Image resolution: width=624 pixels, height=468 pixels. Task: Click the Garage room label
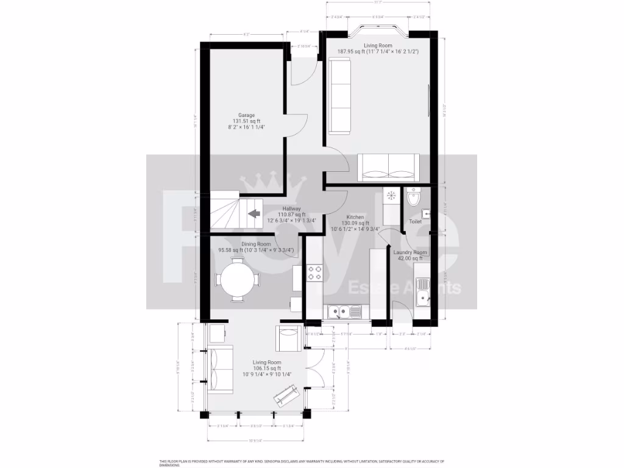click(x=246, y=115)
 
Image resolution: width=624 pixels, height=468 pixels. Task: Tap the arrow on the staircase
click(x=253, y=213)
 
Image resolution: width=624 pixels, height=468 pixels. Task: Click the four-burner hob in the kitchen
click(x=315, y=272)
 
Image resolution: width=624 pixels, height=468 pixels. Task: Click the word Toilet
click(x=415, y=222)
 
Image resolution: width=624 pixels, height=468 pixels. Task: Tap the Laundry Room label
click(x=410, y=252)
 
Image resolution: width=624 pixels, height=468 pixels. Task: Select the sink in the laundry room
click(x=421, y=299)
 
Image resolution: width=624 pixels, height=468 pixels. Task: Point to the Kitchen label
click(x=355, y=218)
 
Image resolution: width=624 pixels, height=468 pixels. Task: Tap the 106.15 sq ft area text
click(x=267, y=368)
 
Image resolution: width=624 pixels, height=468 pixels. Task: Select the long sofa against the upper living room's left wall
click(x=339, y=95)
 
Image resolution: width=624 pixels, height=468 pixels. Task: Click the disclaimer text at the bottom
click(x=302, y=463)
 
